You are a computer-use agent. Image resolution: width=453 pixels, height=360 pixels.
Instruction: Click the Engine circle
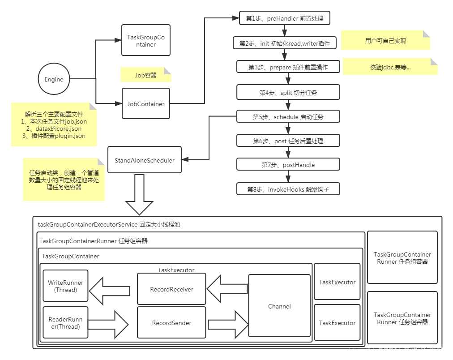point(54,79)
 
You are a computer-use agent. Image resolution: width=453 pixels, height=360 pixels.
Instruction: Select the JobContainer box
point(146,103)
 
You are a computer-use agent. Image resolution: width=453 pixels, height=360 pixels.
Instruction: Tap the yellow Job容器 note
point(146,75)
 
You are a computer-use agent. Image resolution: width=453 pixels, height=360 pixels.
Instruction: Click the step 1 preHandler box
point(285,18)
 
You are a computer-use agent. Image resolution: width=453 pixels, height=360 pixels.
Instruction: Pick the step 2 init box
point(285,43)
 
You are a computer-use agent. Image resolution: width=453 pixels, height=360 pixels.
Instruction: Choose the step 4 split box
point(288,92)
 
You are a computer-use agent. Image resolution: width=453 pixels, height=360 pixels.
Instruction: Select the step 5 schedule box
point(288,116)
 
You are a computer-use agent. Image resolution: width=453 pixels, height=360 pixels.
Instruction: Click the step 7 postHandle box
point(288,165)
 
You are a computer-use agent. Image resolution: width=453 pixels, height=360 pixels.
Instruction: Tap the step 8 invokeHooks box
point(288,189)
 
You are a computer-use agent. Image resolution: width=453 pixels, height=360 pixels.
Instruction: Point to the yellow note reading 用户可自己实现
point(385,40)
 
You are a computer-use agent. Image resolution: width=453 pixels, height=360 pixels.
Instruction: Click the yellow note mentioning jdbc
point(389,67)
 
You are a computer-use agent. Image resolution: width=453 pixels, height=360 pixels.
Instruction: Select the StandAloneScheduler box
point(145,160)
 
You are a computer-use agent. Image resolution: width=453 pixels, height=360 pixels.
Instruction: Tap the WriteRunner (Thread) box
point(65,286)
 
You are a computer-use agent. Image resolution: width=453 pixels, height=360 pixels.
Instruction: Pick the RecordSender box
point(171,322)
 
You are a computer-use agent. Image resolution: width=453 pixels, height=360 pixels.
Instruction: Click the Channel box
point(279,306)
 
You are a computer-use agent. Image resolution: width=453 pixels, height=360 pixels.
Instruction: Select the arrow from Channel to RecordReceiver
point(227,289)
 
